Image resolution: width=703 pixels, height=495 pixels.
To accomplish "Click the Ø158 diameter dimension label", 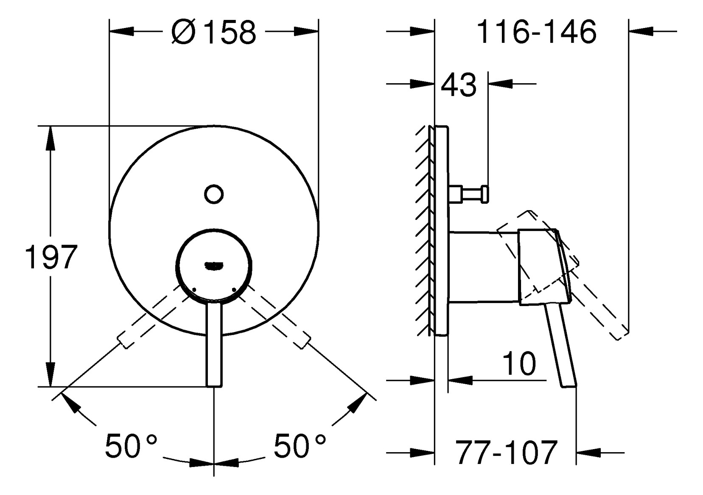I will pos(214,32).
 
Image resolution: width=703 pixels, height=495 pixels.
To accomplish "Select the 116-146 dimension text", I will pos(537,32).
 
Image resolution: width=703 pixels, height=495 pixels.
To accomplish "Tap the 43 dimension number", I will pos(459,84).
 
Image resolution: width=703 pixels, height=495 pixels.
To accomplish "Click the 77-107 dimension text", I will pos(506,453).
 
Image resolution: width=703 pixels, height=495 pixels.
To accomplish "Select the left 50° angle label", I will pos(131,446).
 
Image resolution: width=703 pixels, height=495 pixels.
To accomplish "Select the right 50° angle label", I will pos(300,446).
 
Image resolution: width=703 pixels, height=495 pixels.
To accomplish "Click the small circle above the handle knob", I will pos(213,194).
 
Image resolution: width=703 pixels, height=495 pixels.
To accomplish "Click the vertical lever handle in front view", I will pos(214,344).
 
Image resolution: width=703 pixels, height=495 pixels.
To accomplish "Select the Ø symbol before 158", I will pos(183,32).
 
